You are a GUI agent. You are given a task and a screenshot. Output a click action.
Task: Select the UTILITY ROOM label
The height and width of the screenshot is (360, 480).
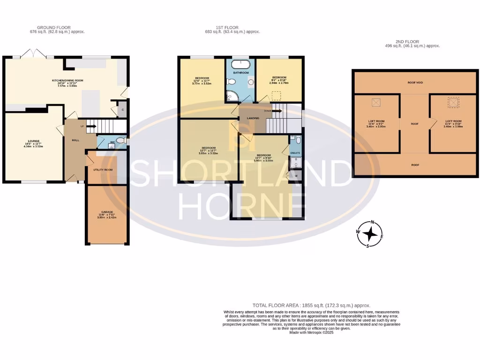pyautogui.click(x=103, y=170)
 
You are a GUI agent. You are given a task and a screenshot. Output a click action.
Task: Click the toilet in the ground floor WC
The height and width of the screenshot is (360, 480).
pyautogui.click(x=120, y=140)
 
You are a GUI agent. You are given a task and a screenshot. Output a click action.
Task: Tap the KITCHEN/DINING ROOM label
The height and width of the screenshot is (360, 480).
pyautogui.click(x=67, y=81)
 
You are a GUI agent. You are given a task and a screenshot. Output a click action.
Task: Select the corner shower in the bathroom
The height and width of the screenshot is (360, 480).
pyautogui.click(x=232, y=96)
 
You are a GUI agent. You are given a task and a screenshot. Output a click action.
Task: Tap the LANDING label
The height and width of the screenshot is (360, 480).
pyautogui.click(x=253, y=125)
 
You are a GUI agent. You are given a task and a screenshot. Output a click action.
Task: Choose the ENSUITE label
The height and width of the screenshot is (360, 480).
pyautogui.click(x=295, y=153)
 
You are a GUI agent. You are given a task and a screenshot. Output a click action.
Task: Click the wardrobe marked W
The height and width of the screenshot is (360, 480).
pyautogui.click(x=296, y=176)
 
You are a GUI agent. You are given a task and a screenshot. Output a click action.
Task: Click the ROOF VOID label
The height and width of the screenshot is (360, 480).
pyautogui.click(x=415, y=82)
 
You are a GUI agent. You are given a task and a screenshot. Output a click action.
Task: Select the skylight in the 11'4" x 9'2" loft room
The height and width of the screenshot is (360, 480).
pyautogui.click(x=375, y=102)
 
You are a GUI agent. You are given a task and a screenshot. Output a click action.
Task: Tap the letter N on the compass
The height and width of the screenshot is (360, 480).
pyautogui.click(x=373, y=222)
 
